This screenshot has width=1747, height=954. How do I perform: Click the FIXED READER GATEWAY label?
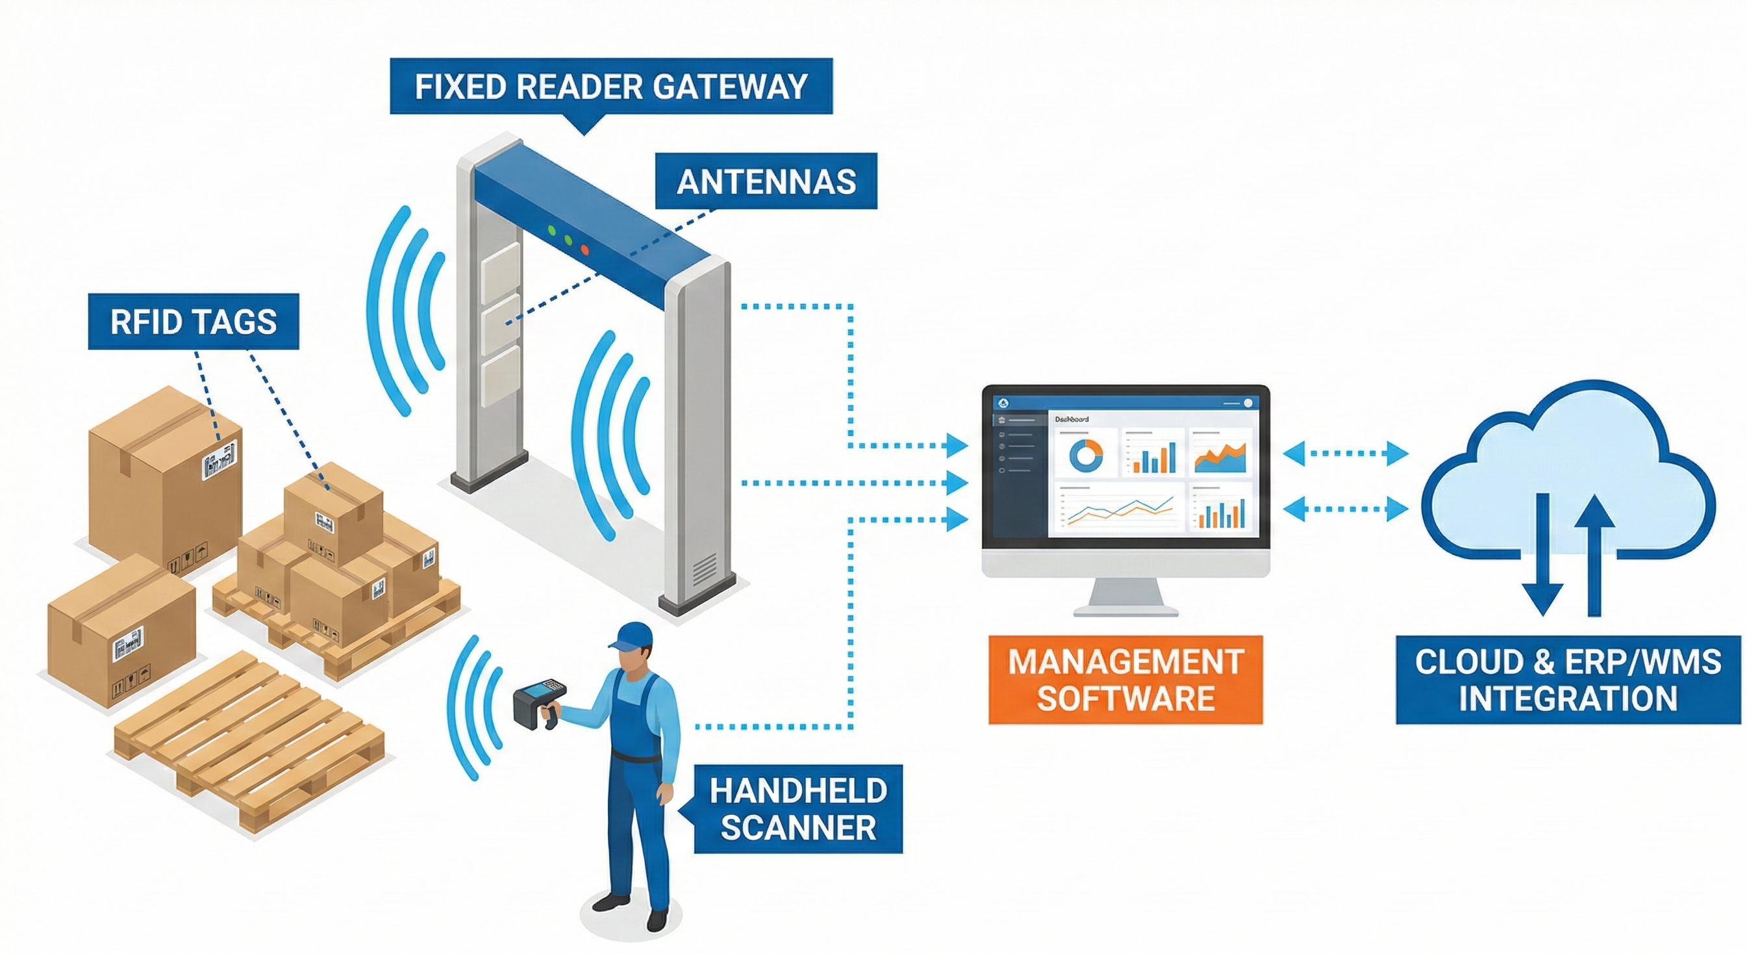coord(610,86)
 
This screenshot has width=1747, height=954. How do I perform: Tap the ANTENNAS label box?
coord(766,181)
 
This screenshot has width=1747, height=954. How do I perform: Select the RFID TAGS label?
coord(194,322)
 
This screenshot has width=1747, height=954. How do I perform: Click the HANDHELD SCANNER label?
coord(798,809)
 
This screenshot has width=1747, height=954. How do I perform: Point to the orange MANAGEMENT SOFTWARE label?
coord(1125,680)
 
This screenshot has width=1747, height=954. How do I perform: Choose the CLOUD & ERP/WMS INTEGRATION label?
coord(1568,680)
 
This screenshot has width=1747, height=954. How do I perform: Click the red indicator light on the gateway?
coord(585,250)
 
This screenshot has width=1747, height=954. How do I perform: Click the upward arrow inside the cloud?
coord(1594,553)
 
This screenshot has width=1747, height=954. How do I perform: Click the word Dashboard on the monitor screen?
coord(1072,419)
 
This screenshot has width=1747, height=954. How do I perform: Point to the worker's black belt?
coord(635,755)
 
